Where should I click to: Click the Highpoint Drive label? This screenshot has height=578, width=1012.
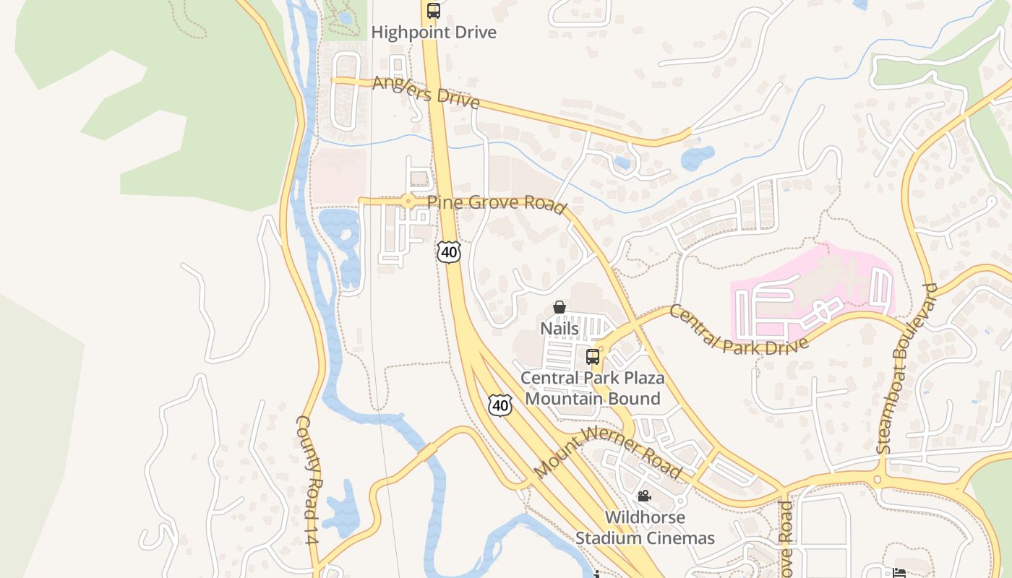434,33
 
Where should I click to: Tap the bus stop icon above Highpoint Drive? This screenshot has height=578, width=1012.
434,11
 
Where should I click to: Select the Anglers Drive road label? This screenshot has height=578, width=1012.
426,92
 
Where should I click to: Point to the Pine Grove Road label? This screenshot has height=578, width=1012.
497,204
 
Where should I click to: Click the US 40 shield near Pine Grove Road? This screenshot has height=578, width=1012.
449,252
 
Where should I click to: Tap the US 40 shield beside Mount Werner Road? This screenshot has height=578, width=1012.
500,405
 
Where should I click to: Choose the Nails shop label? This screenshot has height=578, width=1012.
559,329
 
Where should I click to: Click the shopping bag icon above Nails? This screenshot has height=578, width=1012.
559,308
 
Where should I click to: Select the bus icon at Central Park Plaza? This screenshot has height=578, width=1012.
593,356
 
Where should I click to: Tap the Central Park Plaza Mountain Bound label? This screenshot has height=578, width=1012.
592,388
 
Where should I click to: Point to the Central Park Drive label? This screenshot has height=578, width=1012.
737,329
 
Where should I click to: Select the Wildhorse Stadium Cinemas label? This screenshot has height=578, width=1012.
645,527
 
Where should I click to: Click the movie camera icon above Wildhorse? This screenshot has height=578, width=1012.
644,496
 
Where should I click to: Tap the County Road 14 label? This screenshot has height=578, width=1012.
308,480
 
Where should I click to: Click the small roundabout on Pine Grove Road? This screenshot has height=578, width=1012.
409,202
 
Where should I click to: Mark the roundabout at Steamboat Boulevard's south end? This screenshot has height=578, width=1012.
879,479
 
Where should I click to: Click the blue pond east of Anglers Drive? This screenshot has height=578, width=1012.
698,157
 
